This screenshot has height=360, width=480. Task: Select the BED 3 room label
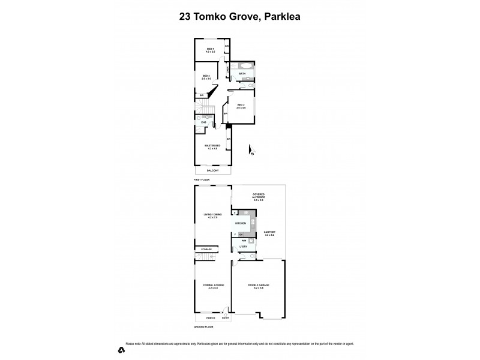click(x=206, y=77)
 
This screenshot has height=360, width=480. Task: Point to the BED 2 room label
click(x=241, y=106)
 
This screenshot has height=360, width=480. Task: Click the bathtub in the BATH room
click(x=244, y=66)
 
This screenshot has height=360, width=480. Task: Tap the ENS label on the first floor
click(x=203, y=123)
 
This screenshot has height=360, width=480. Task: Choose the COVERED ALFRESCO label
click(x=259, y=196)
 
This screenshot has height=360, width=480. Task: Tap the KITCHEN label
click(x=240, y=223)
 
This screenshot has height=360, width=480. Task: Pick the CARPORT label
click(x=269, y=233)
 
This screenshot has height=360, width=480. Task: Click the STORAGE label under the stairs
click(x=206, y=249)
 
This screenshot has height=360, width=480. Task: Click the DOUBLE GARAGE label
click(x=259, y=286)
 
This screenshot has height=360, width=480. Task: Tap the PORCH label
click(x=211, y=318)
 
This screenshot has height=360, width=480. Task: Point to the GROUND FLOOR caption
click(x=204, y=326)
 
